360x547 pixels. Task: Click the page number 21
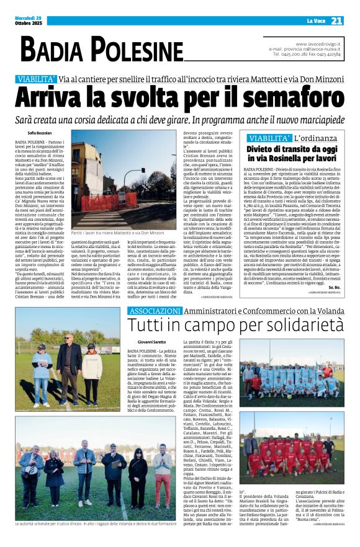[x=336, y=20]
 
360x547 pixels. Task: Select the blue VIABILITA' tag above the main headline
[x=37, y=79]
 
